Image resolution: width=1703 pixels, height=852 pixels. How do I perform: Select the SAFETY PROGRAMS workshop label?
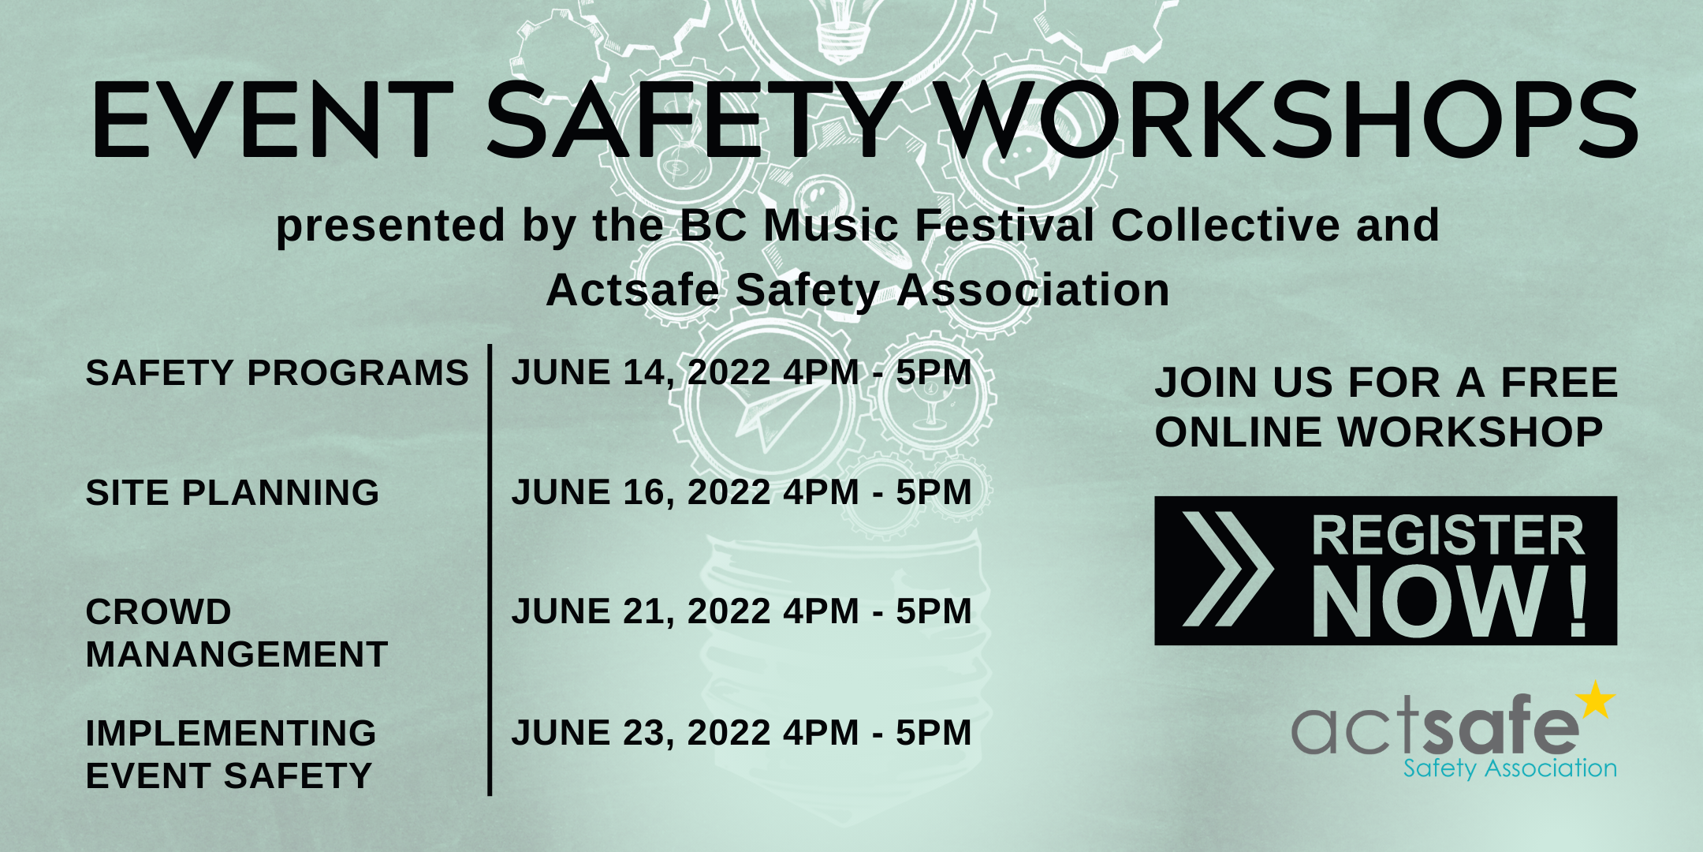click(x=278, y=372)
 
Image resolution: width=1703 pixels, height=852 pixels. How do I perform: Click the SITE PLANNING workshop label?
click(x=233, y=492)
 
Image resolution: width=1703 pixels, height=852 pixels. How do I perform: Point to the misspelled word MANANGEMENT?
click(x=237, y=654)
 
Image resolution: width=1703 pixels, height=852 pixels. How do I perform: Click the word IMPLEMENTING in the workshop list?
click(x=231, y=733)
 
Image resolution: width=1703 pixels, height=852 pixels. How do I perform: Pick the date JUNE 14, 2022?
click(x=641, y=373)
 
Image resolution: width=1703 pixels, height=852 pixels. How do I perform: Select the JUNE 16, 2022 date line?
click(x=742, y=492)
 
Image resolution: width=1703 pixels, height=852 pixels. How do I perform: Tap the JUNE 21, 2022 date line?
click(x=742, y=611)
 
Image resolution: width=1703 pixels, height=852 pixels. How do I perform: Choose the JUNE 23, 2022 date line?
click(x=742, y=733)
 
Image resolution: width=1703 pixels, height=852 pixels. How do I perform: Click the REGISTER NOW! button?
click(x=1385, y=570)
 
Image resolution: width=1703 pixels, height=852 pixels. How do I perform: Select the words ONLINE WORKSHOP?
click(x=1379, y=432)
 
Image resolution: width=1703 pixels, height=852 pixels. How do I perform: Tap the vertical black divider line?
click(x=490, y=570)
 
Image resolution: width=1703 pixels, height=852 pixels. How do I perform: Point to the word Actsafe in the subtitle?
click(x=632, y=290)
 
